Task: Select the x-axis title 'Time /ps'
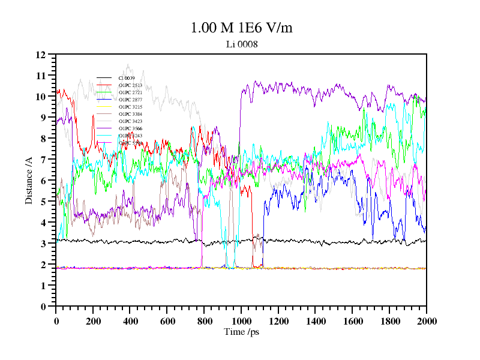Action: coord(241,332)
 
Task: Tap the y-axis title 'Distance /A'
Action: coord(28,181)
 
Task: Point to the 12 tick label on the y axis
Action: coord(41,55)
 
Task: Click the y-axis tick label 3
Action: coord(43,244)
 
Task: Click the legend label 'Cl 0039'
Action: coord(127,78)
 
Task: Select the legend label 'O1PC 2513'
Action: coord(130,85)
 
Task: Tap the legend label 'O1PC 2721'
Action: coord(130,92)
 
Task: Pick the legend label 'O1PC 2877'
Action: coord(130,100)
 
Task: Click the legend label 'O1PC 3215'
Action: coord(130,107)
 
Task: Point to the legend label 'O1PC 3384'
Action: coord(130,114)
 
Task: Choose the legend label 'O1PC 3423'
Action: coord(130,121)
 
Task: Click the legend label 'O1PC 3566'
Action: coord(130,128)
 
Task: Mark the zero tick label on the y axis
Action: coord(43,307)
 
